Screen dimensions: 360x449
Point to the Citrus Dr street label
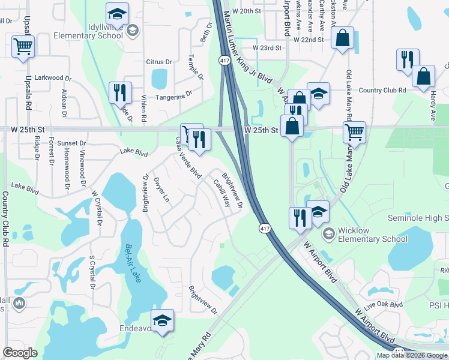point(159,62)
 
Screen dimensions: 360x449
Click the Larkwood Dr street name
point(53,78)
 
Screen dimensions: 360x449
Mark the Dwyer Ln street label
point(161,189)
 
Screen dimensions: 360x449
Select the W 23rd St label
point(267,47)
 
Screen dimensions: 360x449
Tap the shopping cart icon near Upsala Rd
point(23,46)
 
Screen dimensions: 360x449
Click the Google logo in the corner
point(20,353)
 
